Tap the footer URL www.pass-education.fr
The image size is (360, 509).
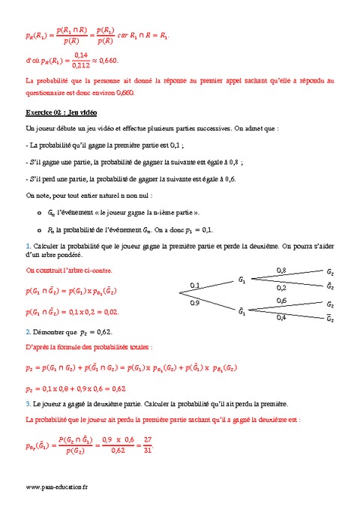tap(56, 487)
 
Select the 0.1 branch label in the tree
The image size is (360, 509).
tap(195, 285)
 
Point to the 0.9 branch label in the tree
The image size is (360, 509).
tap(195, 304)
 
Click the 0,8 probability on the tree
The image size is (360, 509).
tap(281, 270)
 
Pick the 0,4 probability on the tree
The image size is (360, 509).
tap(281, 317)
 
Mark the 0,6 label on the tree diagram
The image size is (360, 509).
tap(281, 300)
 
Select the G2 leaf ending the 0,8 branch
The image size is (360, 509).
tap(330, 271)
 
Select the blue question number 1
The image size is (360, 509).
tap(28, 245)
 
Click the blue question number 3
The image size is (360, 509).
tap(28, 403)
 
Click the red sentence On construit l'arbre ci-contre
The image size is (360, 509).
tap(68, 270)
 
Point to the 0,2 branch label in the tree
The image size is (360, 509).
tap(281, 287)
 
